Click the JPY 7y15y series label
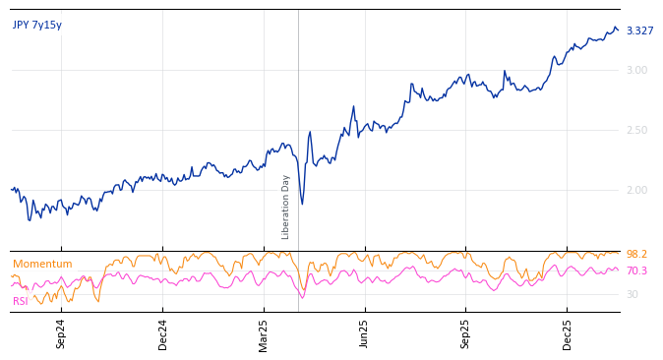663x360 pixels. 37,26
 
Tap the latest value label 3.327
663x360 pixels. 639,31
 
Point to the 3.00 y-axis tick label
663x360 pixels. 636,70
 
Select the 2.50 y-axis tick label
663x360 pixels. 636,130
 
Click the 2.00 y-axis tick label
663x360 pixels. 636,190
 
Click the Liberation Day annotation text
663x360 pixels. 286,207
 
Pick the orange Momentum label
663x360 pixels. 42,265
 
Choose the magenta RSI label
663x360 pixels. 21,302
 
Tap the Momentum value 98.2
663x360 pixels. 636,255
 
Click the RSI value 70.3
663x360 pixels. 636,271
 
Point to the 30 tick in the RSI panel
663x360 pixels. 632,294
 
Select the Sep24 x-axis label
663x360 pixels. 61,333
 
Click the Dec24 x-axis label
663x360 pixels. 163,333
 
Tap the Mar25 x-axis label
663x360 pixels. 264,333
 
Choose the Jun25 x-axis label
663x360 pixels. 365,333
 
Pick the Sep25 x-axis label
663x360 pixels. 466,333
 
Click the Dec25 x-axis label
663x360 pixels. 568,333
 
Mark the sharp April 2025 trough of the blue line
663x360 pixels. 302,204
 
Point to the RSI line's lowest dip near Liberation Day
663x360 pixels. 302,298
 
